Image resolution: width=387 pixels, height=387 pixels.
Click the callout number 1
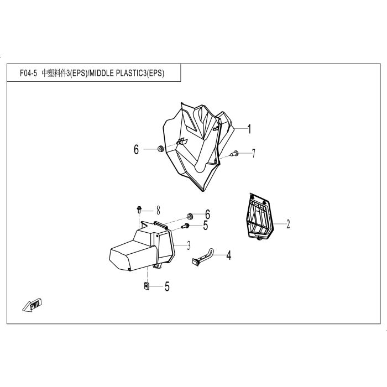(x=249, y=129)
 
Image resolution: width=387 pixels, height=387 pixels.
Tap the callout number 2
(x=288, y=224)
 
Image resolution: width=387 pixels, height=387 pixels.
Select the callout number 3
(x=189, y=245)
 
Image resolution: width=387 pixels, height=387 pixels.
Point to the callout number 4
(x=229, y=255)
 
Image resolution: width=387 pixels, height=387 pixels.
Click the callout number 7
(x=253, y=153)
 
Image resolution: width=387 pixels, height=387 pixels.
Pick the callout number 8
(x=158, y=211)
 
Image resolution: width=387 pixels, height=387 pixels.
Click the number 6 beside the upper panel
(x=136, y=149)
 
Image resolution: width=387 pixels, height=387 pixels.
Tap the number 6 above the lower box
(x=207, y=215)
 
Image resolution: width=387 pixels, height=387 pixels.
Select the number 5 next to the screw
(x=206, y=226)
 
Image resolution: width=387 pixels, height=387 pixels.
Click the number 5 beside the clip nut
(x=167, y=286)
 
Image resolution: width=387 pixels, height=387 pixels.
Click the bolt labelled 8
(x=139, y=210)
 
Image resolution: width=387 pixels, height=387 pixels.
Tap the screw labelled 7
(x=234, y=153)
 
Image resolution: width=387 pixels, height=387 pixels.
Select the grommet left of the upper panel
(x=160, y=149)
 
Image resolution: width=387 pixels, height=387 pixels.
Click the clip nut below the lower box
(x=146, y=286)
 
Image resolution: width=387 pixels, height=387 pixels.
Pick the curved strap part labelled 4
(x=203, y=258)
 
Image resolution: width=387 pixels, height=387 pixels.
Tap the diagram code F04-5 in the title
(x=28, y=74)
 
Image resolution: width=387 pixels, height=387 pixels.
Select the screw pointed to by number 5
(x=185, y=226)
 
